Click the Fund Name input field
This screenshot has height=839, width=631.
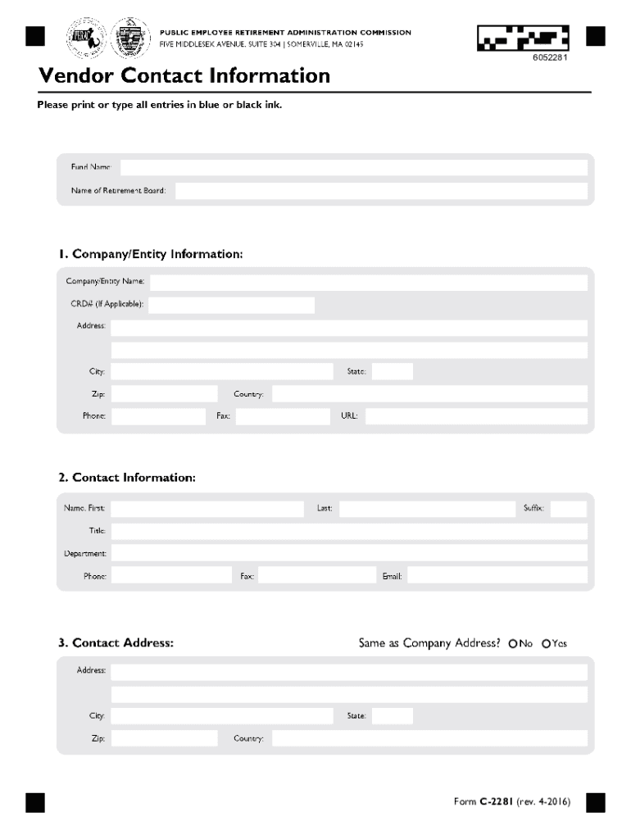coord(353,167)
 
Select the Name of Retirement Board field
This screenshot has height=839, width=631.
coord(381,191)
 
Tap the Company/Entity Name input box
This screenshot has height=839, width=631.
coord(368,282)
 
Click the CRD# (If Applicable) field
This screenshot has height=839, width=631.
coord(231,305)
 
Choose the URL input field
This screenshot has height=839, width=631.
coord(475,416)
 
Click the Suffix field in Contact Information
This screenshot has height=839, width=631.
coord(568,509)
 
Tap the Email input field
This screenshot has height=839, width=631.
coord(497,576)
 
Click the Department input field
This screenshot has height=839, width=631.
coord(349,554)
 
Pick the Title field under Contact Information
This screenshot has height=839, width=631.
coord(349,531)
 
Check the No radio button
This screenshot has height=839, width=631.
coord(513,644)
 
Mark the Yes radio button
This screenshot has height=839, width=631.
coord(546,644)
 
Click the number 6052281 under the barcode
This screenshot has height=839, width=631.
coord(551,58)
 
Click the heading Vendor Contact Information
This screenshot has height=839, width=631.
coord(184,76)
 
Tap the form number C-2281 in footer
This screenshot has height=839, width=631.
coord(496,801)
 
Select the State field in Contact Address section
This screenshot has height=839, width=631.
coord(393,716)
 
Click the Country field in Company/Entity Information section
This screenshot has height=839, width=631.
coord(429,394)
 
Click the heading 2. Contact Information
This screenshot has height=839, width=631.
coord(127,478)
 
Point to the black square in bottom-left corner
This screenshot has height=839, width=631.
coord(34,802)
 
